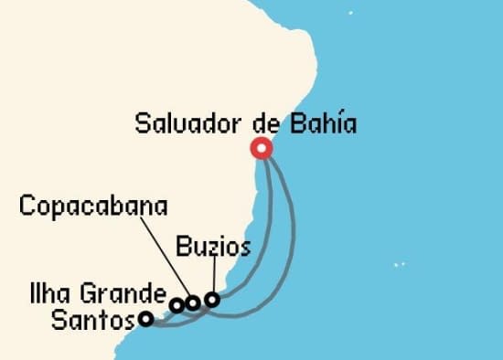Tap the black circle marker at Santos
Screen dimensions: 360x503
point(145,319)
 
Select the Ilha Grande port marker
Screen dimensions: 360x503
point(177,305)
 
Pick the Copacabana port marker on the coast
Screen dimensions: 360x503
point(193,302)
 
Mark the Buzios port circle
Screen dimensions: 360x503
point(212,299)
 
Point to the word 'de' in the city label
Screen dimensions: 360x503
point(264,123)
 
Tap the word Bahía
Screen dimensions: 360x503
point(320,123)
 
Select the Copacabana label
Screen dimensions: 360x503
point(93,206)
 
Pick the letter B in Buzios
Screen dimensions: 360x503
point(181,248)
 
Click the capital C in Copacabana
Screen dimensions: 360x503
point(27,206)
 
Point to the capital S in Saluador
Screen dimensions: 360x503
point(143,123)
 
